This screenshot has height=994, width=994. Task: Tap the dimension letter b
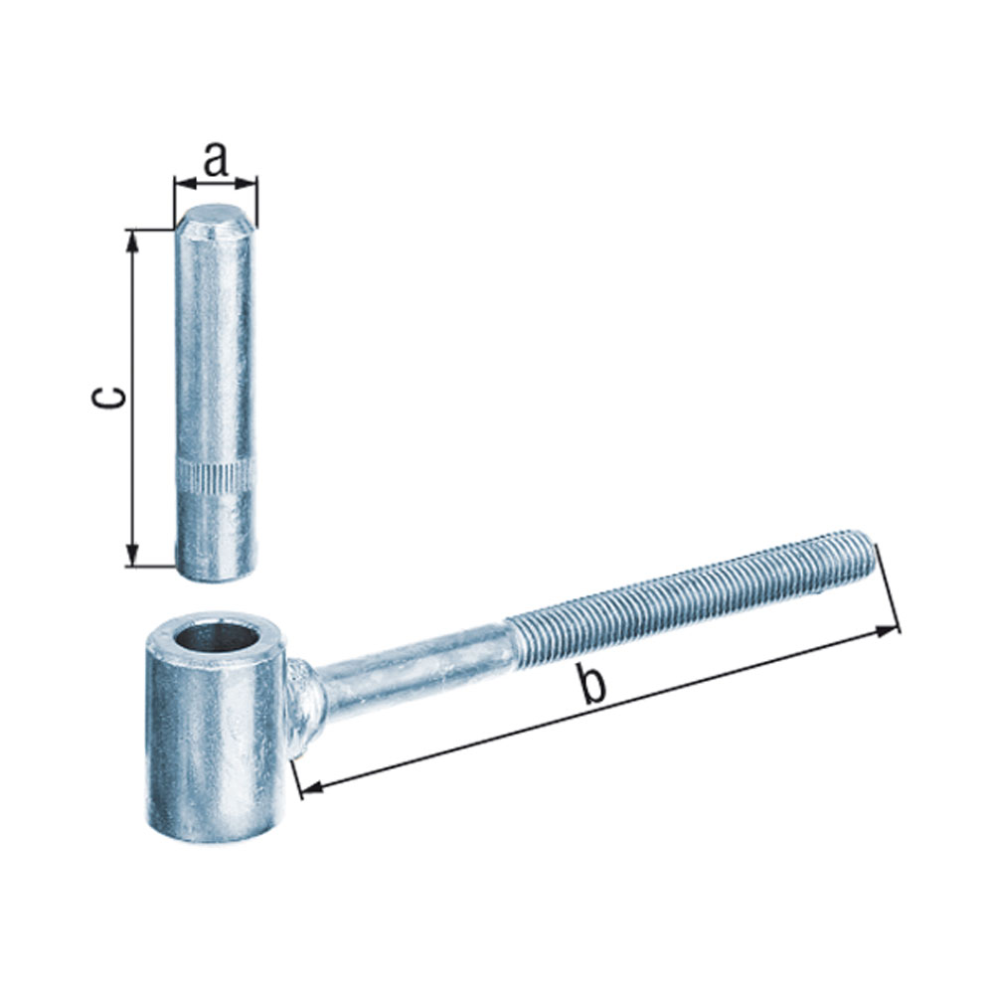point(592,683)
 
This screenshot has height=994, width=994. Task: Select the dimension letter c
point(108,398)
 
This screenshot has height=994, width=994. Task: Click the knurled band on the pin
point(215,477)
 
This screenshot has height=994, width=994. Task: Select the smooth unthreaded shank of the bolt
point(415,671)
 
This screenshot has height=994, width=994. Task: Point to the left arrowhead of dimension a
point(184,184)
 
